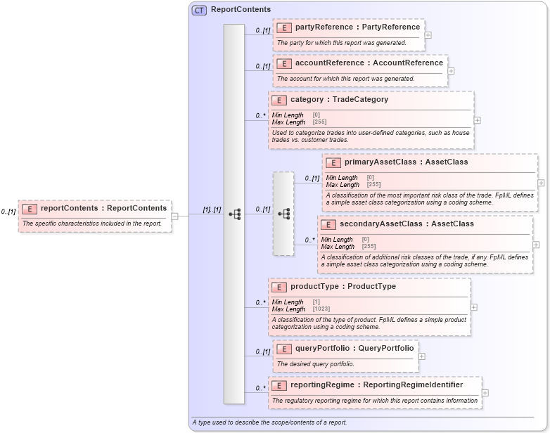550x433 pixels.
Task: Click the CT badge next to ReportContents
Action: (x=199, y=10)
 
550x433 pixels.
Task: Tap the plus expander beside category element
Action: (x=478, y=120)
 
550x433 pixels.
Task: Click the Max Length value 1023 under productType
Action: (x=321, y=309)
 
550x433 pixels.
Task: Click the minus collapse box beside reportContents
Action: (x=175, y=216)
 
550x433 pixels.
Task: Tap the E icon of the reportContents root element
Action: (x=30, y=208)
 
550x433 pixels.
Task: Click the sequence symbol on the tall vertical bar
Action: (x=234, y=214)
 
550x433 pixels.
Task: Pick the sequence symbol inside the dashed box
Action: (x=283, y=213)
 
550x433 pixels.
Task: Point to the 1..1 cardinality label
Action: (x=212, y=209)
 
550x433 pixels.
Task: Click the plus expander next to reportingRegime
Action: (x=485, y=393)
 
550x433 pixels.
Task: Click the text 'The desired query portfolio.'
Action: (x=315, y=364)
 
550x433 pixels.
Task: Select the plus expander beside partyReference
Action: (x=428, y=34)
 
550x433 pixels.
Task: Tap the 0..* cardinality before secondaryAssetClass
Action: (x=309, y=240)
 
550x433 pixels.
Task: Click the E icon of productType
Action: (x=279, y=287)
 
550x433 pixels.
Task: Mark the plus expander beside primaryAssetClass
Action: (x=541, y=182)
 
